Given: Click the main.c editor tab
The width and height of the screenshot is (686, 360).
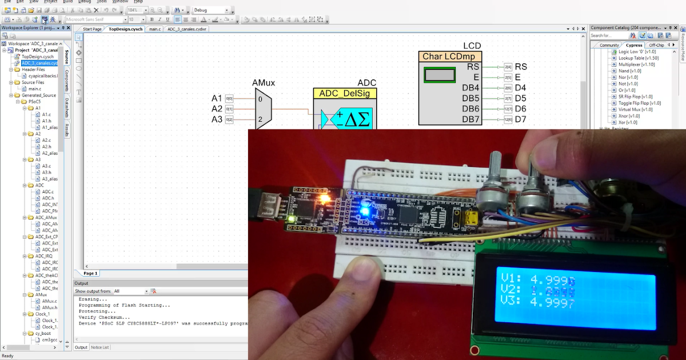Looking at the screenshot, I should pos(155,29).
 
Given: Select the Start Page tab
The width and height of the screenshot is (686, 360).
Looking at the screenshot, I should pos(92,29).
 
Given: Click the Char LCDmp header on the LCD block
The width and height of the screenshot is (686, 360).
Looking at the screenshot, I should pos(450,57).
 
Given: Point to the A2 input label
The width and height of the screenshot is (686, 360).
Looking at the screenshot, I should pos(217,109).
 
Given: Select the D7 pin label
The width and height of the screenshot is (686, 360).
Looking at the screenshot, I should pos(520,119).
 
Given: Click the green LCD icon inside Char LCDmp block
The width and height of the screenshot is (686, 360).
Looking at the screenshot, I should pos(440,75).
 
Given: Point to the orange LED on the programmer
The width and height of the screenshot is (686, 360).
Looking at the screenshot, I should pos(325,199).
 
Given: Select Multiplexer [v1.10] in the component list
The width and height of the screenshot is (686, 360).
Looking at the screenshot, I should pos(636,65).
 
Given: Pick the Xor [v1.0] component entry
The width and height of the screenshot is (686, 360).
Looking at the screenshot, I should pos(627,122).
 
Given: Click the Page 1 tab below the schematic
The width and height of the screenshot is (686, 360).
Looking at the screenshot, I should pos(91,273).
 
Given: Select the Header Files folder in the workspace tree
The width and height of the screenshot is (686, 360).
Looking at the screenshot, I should pos(33,69).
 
